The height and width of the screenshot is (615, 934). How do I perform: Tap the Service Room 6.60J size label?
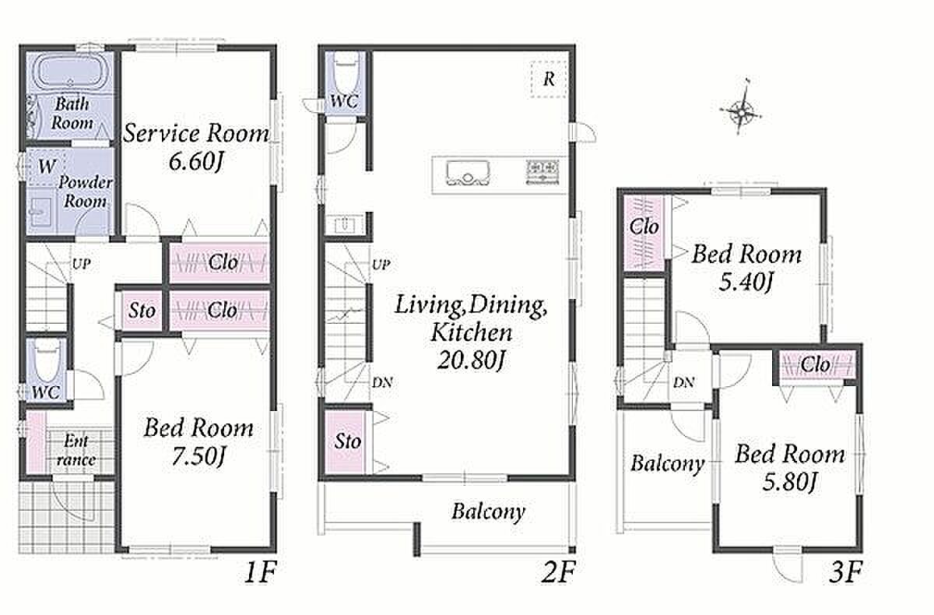point(195,161)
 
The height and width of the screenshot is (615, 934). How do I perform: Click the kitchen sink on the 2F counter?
point(468,173)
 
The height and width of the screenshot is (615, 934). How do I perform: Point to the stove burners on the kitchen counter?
point(542,171)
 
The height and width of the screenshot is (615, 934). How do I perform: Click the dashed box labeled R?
point(549,79)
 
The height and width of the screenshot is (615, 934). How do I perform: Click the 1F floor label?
point(260,572)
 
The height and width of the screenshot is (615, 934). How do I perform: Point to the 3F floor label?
point(844,572)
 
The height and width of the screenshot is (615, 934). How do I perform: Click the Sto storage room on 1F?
point(142,311)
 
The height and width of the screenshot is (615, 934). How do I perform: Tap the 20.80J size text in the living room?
point(471,360)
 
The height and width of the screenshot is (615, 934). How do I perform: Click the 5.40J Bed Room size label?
point(746,283)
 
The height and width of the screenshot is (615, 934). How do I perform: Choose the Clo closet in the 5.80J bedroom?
point(816,366)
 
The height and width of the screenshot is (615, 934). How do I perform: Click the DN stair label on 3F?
point(683,382)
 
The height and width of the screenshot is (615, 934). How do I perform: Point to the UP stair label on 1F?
point(81,264)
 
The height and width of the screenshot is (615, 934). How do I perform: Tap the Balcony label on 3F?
point(667,464)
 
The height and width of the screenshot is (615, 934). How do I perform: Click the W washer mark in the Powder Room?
point(47,167)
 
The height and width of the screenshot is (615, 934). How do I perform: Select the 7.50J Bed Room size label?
point(198,457)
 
